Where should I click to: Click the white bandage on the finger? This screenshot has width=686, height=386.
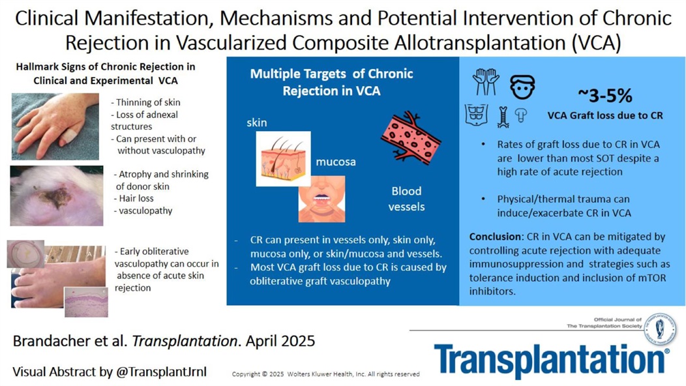67,136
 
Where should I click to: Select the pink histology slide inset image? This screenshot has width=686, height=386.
86,301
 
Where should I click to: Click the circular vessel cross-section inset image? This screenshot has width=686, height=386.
25,254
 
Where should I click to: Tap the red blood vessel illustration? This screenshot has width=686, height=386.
411,134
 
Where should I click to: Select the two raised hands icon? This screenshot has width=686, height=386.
485,82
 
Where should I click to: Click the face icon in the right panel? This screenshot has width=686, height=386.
522,86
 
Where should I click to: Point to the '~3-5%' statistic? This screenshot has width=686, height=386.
604,96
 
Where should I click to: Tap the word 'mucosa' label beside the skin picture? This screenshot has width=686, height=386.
336,162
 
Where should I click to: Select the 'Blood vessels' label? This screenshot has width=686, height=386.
406,199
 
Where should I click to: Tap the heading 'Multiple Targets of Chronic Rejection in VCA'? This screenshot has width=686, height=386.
331,82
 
